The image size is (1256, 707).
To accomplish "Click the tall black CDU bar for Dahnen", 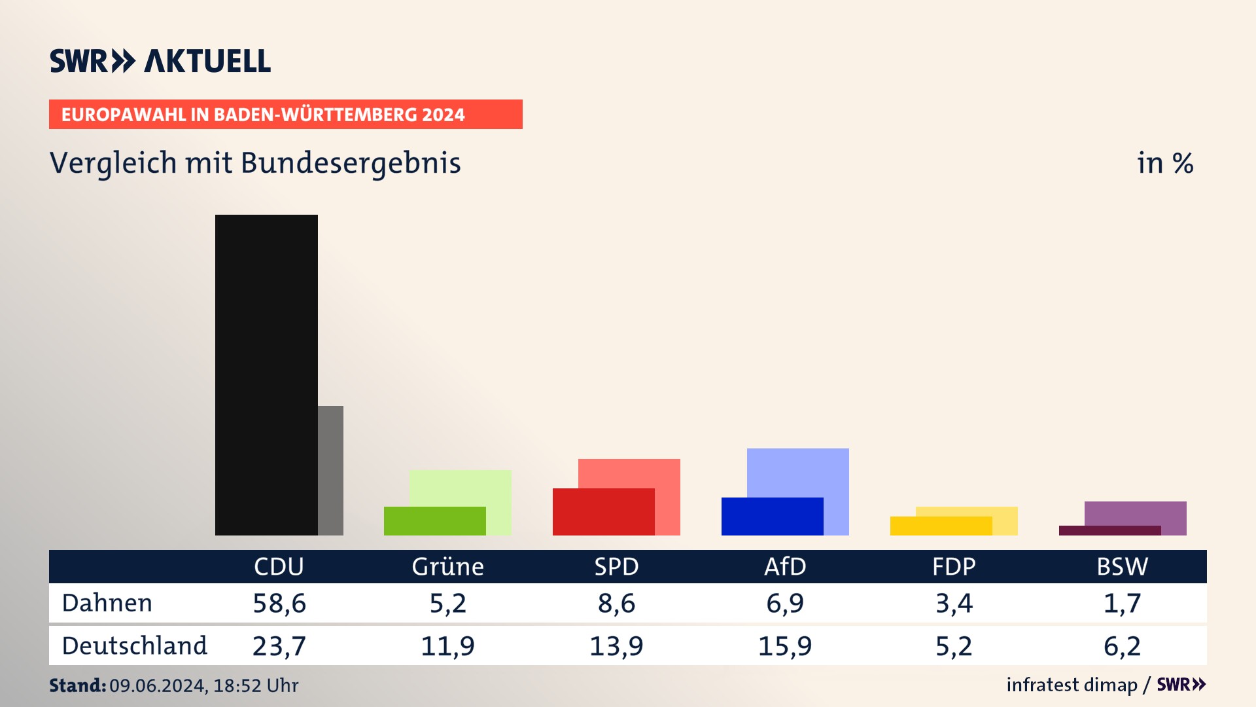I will pyautogui.click(x=266, y=374).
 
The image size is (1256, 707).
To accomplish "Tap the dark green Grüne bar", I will pyautogui.click(x=434, y=521).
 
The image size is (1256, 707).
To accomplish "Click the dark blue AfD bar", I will pyautogui.click(x=772, y=517).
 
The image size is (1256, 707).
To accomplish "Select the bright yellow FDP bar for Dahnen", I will pyautogui.click(x=941, y=526).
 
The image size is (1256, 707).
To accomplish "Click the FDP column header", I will pyautogui.click(x=954, y=566).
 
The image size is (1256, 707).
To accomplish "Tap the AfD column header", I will pyautogui.click(x=785, y=566).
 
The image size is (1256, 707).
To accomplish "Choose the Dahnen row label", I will pyautogui.click(x=107, y=603).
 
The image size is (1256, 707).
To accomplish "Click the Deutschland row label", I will pyautogui.click(x=134, y=646).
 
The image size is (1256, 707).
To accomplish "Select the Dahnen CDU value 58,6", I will pyautogui.click(x=279, y=603).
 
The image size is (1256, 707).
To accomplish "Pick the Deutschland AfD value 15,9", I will pyautogui.click(x=785, y=646).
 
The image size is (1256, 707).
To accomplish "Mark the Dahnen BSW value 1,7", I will pyautogui.click(x=1123, y=603).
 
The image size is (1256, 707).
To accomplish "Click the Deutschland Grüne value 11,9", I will pyautogui.click(x=447, y=646).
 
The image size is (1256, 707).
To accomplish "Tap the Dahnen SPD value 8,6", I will pyautogui.click(x=616, y=603).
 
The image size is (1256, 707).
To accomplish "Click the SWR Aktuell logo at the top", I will pyautogui.click(x=160, y=61).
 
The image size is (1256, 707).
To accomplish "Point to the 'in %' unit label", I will pyautogui.click(x=1165, y=163).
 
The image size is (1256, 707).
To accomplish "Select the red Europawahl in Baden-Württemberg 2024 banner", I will pyautogui.click(x=285, y=115).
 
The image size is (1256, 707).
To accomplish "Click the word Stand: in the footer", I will pyautogui.click(x=77, y=685).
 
